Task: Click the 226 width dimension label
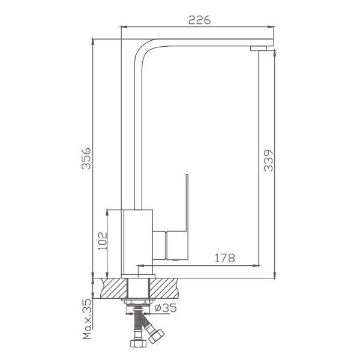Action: tap(199, 20)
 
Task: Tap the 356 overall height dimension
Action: tap(86, 158)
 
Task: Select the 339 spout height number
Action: tap(268, 161)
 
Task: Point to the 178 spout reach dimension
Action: tap(225, 258)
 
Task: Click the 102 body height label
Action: tap(103, 241)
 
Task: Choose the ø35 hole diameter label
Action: tap(166, 308)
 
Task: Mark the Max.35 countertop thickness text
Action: tap(87, 320)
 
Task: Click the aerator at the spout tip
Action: tap(259, 48)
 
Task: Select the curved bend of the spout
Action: tap(143, 49)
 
